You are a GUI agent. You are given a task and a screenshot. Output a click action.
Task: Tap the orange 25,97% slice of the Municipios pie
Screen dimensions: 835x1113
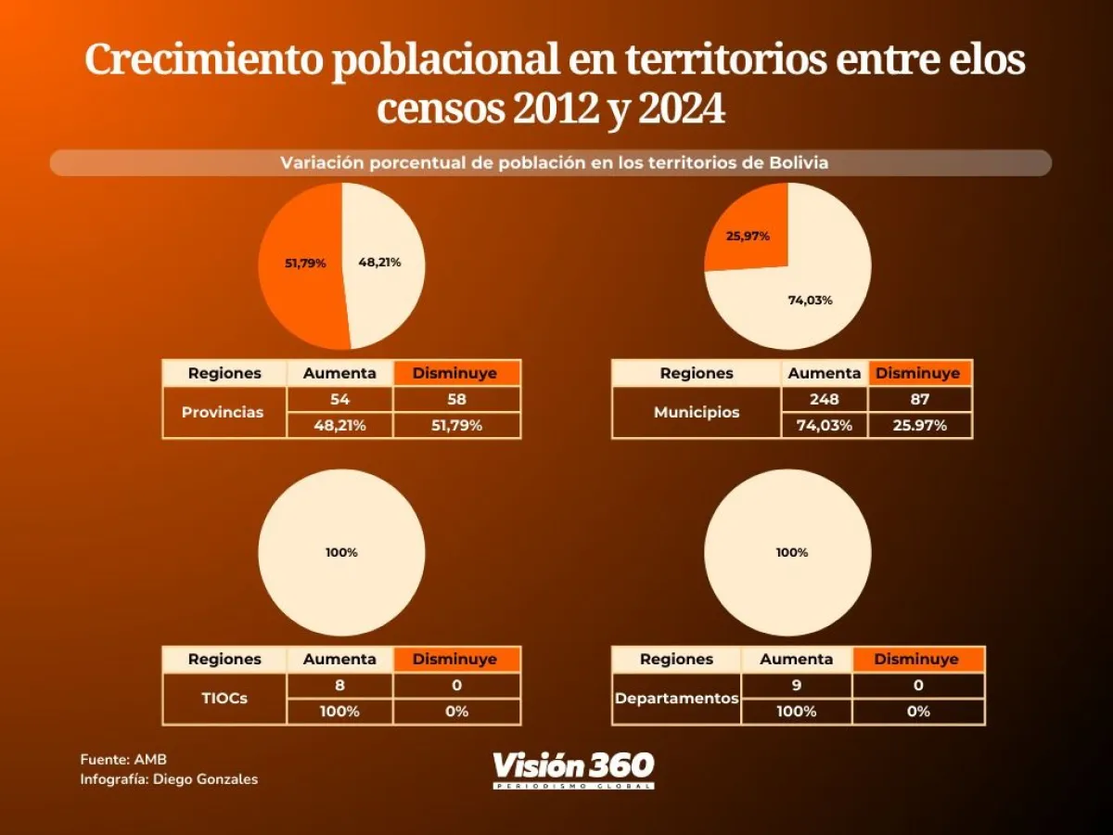[x=747, y=232]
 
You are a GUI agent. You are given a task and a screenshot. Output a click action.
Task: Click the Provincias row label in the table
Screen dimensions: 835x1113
[x=223, y=412]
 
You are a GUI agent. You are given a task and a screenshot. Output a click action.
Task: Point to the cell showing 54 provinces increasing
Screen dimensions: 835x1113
[x=339, y=400]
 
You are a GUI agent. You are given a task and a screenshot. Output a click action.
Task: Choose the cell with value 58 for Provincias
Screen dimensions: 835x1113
[x=455, y=400]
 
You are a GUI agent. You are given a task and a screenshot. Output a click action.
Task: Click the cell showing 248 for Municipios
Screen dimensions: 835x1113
[x=824, y=400]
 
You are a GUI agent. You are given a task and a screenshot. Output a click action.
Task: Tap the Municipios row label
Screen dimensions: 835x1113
[x=697, y=412]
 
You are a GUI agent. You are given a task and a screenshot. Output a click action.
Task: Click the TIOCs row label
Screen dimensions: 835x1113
[x=224, y=699]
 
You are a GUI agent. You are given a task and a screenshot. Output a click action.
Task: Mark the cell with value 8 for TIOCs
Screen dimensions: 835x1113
[x=339, y=686]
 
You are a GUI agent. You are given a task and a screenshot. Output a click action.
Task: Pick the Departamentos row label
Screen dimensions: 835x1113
[x=676, y=699]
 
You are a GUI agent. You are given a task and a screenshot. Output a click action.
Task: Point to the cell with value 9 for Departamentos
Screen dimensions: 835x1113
[x=796, y=686]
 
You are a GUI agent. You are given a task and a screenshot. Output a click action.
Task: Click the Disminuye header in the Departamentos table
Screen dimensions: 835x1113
[x=916, y=660]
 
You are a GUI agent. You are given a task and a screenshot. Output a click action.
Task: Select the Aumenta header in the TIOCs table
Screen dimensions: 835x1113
[x=339, y=660]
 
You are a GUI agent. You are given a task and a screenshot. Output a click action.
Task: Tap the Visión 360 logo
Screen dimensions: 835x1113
[x=573, y=769]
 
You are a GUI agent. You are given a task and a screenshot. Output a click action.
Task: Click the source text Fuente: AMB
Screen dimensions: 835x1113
[x=110, y=760]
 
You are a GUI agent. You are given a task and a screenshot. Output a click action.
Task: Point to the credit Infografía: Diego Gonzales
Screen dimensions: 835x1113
[x=169, y=779]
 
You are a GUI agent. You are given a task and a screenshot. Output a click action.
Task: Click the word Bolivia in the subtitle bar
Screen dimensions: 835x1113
[x=799, y=162]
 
